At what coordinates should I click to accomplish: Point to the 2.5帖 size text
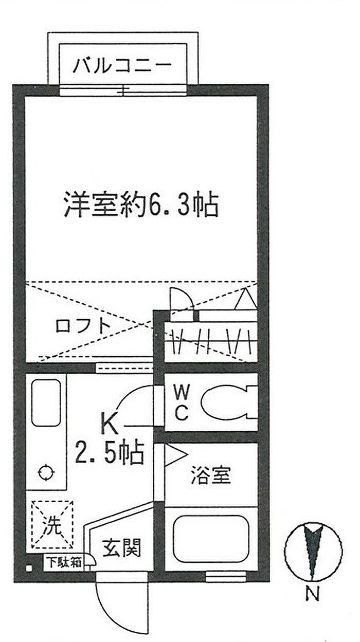click(109, 453)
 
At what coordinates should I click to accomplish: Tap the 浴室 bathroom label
click(210, 475)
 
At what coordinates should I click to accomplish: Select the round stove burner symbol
click(46, 471)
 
